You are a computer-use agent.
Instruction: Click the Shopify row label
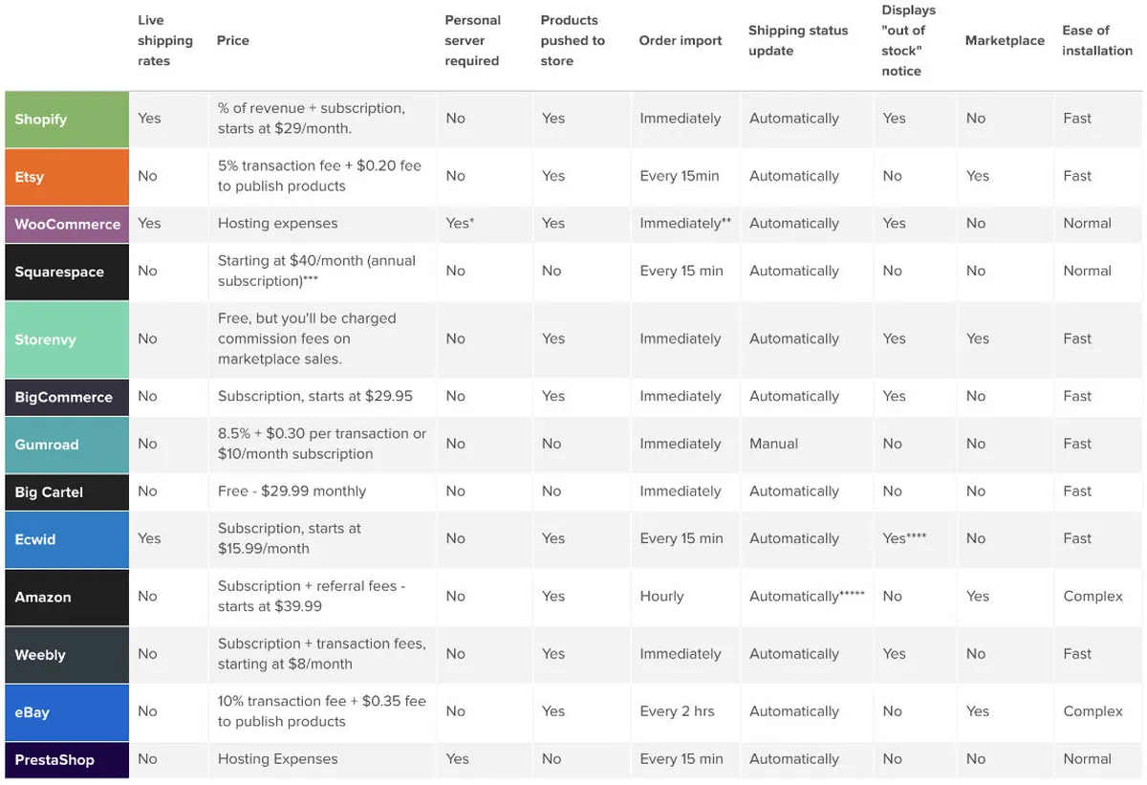tap(41, 120)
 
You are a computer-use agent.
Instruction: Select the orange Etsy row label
tap(30, 177)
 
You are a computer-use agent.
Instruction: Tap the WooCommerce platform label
tap(67, 224)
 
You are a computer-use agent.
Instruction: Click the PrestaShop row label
tap(54, 760)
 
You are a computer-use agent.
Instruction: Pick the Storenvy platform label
tap(46, 339)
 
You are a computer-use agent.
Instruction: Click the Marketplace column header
tap(1005, 41)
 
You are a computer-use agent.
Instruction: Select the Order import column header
tap(681, 41)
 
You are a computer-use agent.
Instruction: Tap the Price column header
tap(233, 41)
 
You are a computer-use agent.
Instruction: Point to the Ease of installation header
tap(1096, 41)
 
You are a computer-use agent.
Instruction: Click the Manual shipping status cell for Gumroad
tap(773, 444)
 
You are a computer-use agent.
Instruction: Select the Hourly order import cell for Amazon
tap(661, 597)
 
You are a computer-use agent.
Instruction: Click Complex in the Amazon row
tap(1093, 597)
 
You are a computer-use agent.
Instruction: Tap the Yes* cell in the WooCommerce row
tap(460, 224)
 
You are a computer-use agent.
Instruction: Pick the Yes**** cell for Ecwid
tap(904, 538)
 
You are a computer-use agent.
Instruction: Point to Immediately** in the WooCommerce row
tap(685, 224)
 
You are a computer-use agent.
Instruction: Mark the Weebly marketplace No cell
tap(975, 654)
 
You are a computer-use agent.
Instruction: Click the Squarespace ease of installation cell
tap(1087, 272)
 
